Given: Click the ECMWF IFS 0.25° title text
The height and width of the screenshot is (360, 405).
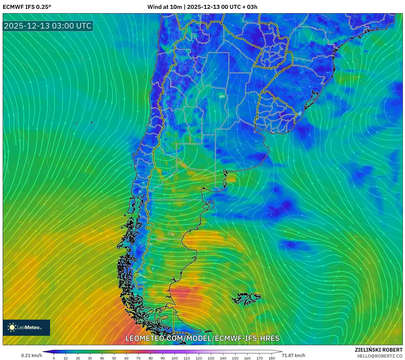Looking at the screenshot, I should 27,7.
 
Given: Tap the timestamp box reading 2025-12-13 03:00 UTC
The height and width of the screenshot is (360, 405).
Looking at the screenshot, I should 48,26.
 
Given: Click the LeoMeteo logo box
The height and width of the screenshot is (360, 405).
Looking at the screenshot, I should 26,327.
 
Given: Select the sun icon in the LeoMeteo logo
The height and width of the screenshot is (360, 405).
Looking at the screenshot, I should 12,327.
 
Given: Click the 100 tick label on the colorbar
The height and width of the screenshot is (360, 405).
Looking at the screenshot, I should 175,358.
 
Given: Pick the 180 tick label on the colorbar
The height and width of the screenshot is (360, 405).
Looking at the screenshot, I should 272,358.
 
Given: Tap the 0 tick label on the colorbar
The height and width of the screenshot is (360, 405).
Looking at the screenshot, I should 54,358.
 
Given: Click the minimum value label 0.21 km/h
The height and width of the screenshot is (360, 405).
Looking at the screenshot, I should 32,355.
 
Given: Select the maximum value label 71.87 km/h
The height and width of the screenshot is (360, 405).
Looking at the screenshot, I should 293,355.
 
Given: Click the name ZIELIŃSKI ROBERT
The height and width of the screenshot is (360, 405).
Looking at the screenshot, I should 378,350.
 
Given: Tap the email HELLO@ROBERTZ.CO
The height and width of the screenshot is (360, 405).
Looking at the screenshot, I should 380,356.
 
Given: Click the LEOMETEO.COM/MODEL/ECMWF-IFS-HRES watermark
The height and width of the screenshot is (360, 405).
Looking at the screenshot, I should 202,338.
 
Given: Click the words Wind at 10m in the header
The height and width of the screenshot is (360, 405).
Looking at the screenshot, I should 165,7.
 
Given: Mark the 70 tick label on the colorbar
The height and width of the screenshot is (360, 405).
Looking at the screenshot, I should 138,358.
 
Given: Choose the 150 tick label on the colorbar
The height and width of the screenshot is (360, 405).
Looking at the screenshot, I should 235,358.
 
